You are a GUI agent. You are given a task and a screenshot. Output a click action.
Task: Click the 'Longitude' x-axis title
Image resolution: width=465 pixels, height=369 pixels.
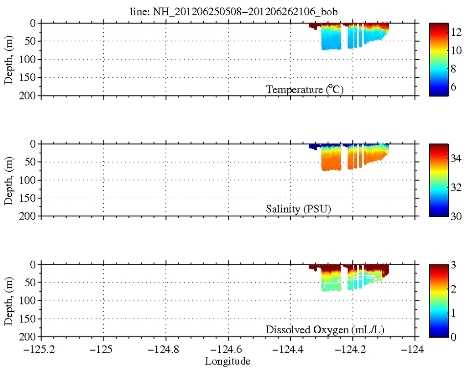(x=228, y=361)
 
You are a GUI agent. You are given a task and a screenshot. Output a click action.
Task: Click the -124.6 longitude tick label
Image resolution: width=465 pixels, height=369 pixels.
(x=228, y=350)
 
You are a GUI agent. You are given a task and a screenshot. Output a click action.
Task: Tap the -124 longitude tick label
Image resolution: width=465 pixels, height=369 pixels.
(x=415, y=350)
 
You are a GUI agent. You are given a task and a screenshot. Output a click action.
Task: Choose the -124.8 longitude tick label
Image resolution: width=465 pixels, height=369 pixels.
(x=165, y=350)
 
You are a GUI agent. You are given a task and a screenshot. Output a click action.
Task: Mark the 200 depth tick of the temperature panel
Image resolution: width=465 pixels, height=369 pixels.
(x=30, y=95)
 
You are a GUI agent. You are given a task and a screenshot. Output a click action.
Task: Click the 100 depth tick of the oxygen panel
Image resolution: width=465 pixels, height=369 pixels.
(x=30, y=300)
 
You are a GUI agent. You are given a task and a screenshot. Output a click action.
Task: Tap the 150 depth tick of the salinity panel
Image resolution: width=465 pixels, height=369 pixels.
(x=30, y=198)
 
